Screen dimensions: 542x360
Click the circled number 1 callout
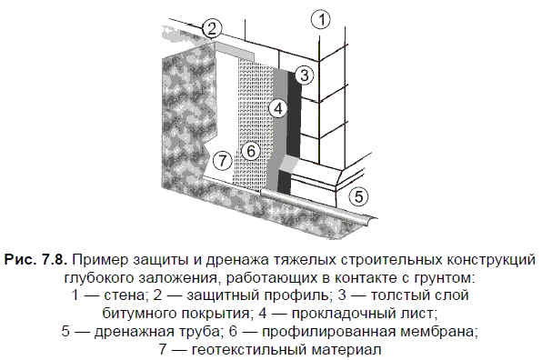[x=321, y=19]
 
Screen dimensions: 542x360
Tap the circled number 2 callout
[x=212, y=29]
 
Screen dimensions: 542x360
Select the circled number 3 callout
[x=304, y=75]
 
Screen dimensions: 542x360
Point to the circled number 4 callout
[x=278, y=108]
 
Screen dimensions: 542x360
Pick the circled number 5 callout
[x=359, y=196]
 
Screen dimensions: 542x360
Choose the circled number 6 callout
[x=251, y=151]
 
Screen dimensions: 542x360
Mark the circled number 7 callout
[x=223, y=161]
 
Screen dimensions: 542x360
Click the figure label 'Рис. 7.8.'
[x=35, y=259]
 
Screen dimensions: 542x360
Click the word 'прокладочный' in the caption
[x=338, y=314]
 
